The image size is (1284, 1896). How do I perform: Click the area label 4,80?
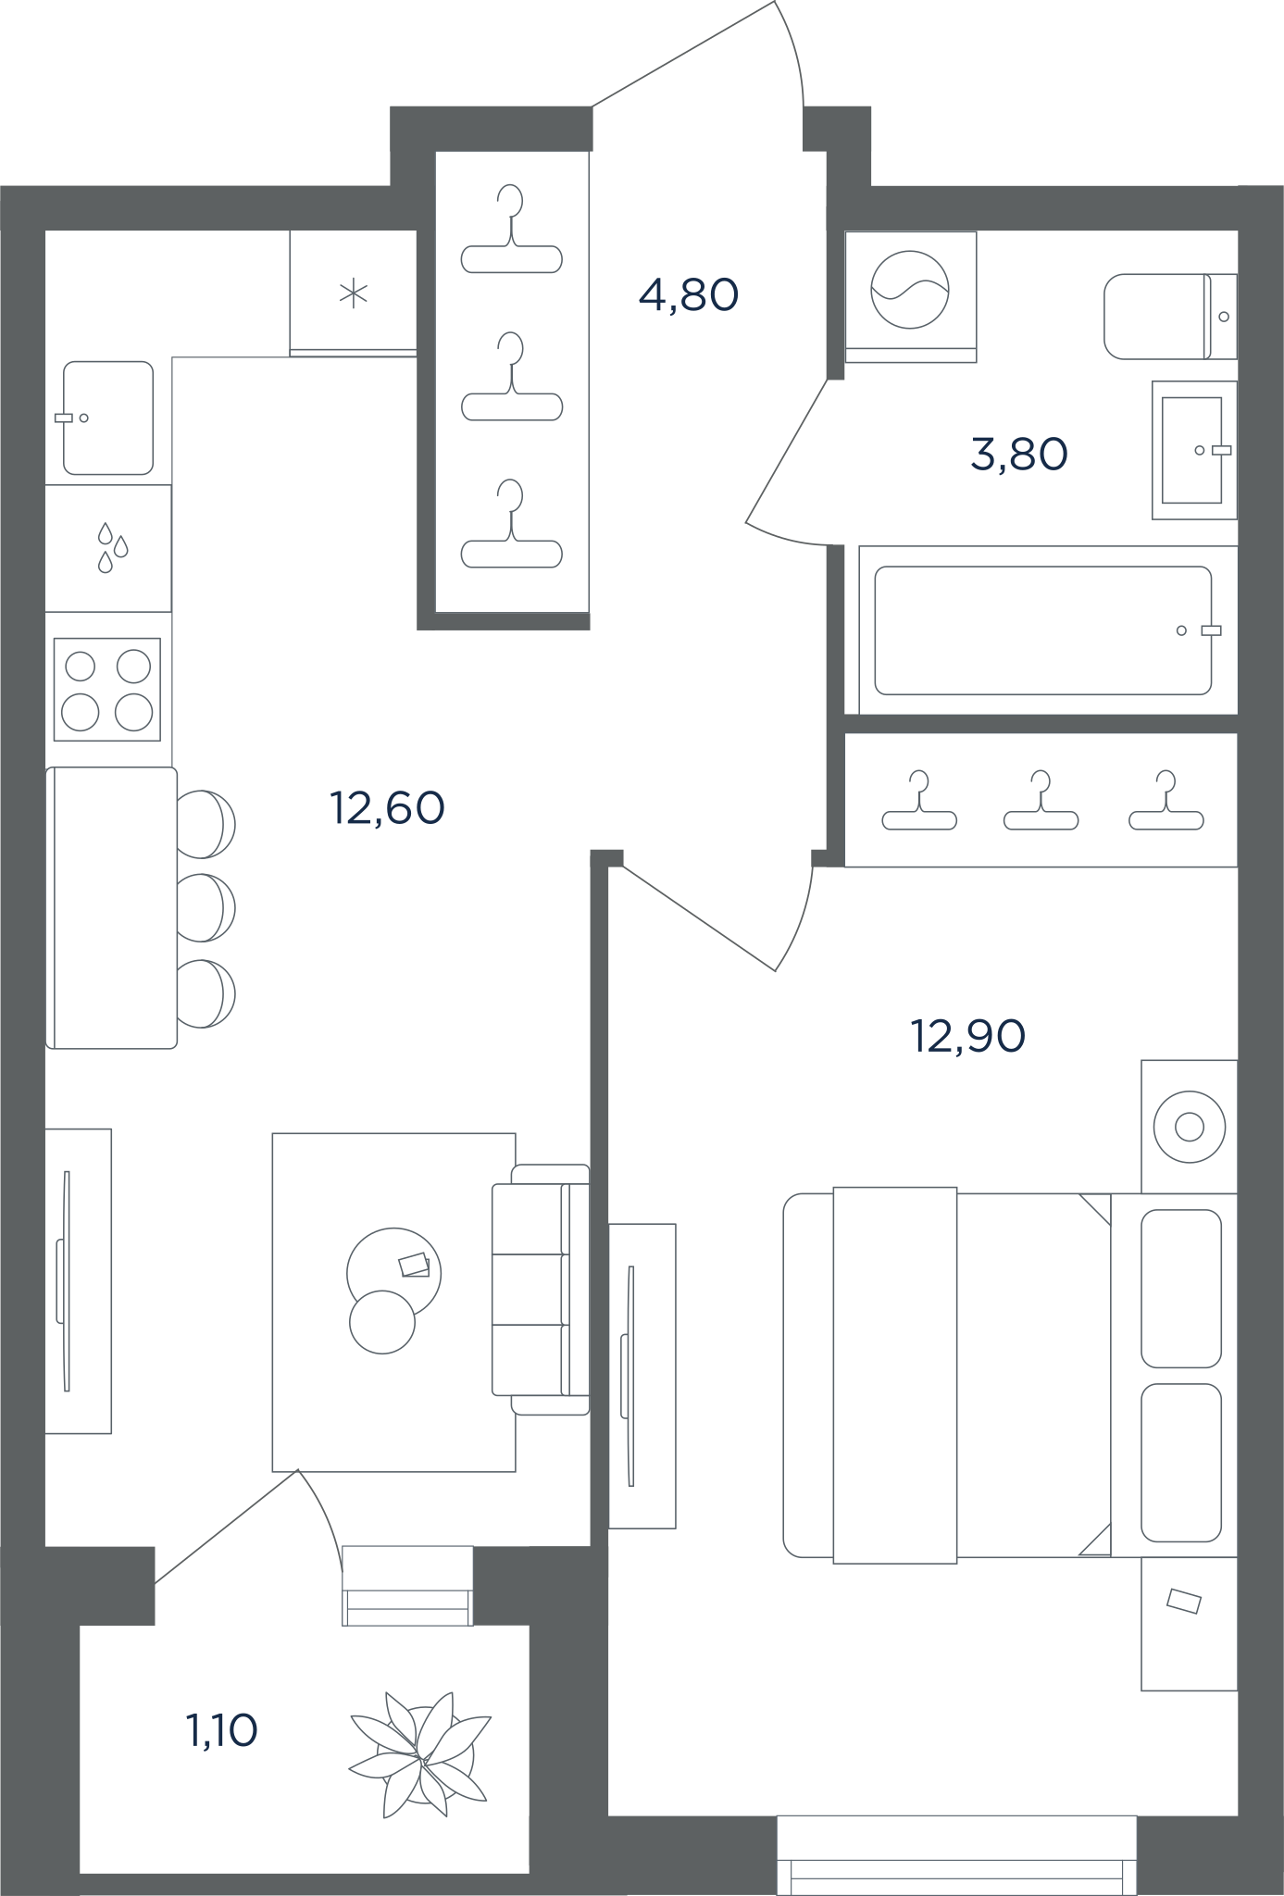[x=689, y=295]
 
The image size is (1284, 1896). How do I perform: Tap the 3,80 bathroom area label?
[x=1019, y=455]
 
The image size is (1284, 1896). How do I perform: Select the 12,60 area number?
[x=387, y=808]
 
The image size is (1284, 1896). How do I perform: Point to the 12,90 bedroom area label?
[x=968, y=1036]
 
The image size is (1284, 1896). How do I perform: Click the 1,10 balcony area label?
[x=222, y=1730]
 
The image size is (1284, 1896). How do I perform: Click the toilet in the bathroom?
[x=1170, y=316]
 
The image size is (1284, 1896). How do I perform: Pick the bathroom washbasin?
[x=1194, y=450]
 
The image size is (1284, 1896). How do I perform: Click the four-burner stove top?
[x=107, y=689]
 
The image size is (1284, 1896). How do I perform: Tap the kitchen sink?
[x=107, y=418]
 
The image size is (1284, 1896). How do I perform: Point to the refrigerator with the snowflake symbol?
[x=353, y=293]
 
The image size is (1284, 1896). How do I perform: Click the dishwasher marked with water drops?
[x=108, y=548]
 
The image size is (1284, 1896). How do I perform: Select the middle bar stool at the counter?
[x=206, y=907]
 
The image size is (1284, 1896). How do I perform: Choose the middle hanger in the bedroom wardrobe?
[x=1041, y=801]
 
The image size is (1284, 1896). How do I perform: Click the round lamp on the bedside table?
[x=1190, y=1128]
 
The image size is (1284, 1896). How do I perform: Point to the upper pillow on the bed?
[x=1181, y=1288]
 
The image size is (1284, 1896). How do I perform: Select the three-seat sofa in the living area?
[x=541, y=1290]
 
